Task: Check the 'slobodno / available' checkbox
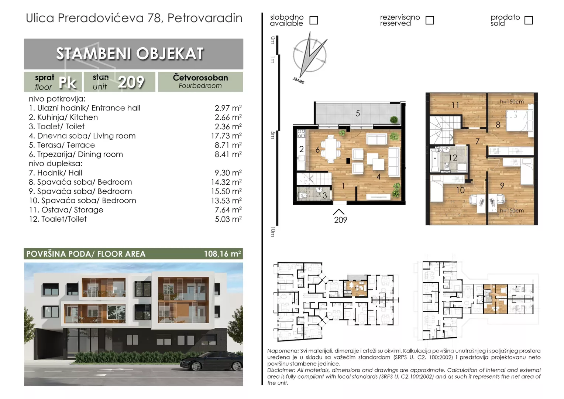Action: [x=313, y=20]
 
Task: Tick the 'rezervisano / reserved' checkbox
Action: [x=430, y=20]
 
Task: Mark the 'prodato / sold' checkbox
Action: [x=529, y=20]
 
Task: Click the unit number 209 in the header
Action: [x=131, y=82]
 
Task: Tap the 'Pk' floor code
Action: [x=68, y=82]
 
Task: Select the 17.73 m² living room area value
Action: [x=226, y=136]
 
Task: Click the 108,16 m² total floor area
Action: [x=222, y=253]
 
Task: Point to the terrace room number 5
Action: [x=358, y=113]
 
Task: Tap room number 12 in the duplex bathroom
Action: [x=453, y=157]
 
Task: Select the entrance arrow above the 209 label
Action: [x=338, y=211]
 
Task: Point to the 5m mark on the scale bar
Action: [x=272, y=135]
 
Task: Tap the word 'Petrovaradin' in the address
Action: [x=205, y=18]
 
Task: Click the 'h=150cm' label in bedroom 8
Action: [x=512, y=102]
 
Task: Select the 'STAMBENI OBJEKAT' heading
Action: [x=130, y=54]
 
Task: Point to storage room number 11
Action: [x=455, y=105]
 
